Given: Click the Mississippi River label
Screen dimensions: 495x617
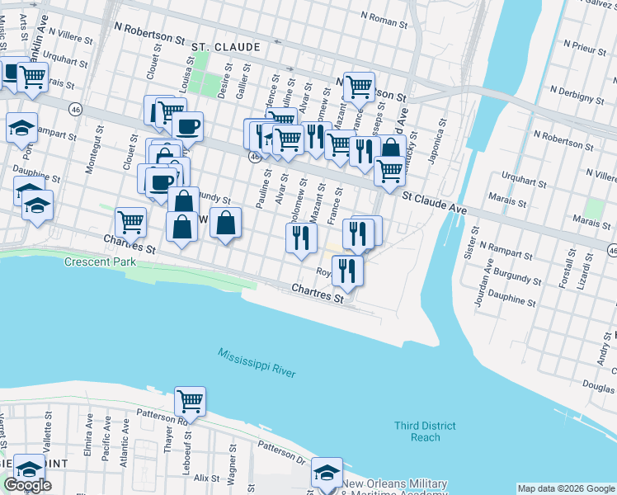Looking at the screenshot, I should pos(257,364).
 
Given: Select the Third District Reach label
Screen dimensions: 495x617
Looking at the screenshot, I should pos(425,431).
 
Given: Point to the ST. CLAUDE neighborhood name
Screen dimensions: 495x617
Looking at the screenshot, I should pos(225,48).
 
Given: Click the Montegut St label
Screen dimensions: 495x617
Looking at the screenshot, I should pos(92,152).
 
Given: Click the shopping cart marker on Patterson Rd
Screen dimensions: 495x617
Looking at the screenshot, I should pos(191,402).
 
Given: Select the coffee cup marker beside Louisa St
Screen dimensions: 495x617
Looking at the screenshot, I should pos(186,125).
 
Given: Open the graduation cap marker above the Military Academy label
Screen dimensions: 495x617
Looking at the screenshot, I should pos(327,472).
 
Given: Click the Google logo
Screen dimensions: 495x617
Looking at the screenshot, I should pos(27,485).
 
